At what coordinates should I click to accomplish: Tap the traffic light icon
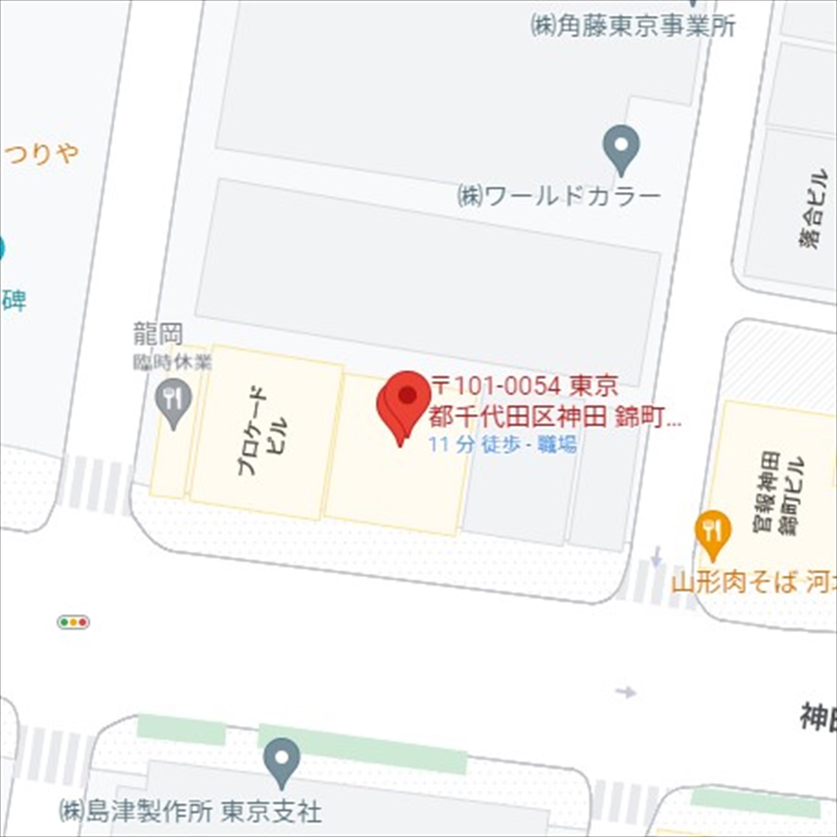pos(73,622)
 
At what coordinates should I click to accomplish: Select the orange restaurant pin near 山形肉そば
pos(713,533)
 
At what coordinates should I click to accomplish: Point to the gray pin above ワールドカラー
pos(621,147)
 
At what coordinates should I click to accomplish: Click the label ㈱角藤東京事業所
pos(633,26)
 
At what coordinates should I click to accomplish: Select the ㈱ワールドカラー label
pos(558,197)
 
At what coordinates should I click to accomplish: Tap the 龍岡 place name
pos(158,333)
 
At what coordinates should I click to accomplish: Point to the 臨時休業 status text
pos(173,362)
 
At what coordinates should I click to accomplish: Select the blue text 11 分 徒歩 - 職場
pos(503,445)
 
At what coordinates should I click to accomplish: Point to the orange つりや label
pos(41,153)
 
